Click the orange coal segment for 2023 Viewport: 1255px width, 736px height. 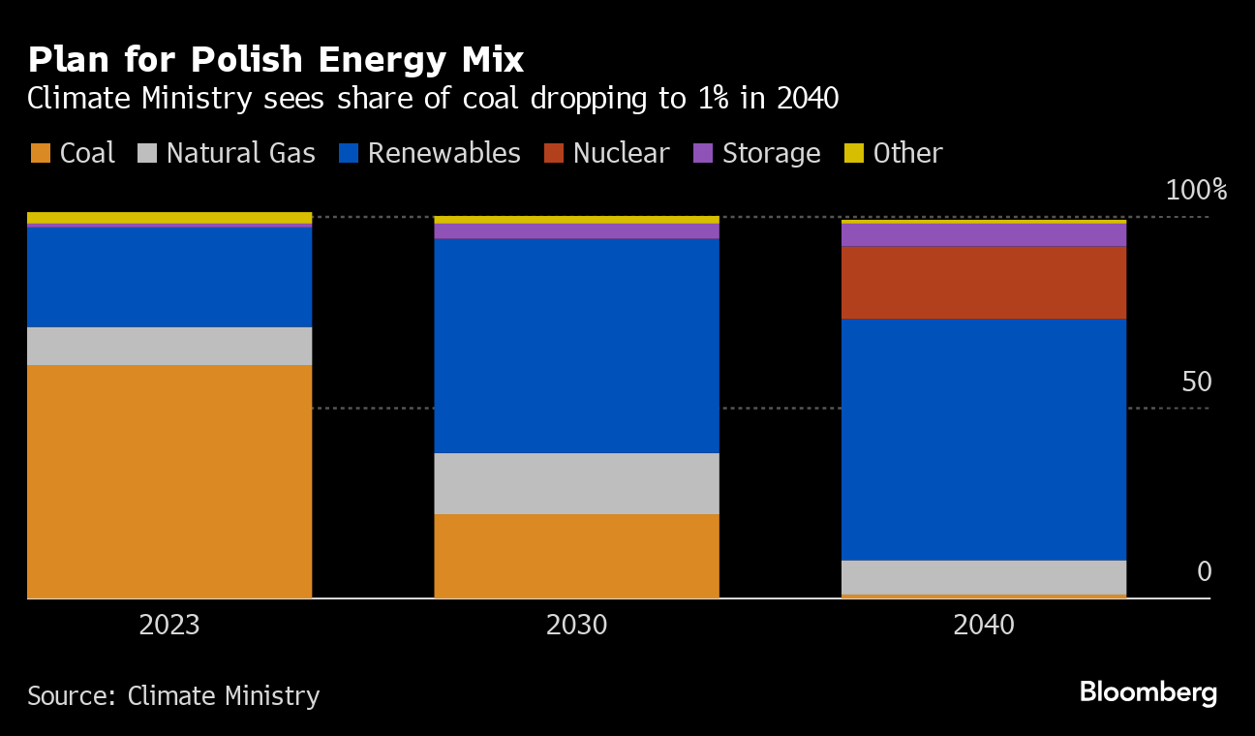[169, 481]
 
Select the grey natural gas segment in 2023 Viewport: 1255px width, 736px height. [169, 346]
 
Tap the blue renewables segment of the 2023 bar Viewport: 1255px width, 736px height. [169, 277]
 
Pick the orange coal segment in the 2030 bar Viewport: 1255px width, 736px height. [576, 556]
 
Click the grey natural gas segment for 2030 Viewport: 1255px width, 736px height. [576, 483]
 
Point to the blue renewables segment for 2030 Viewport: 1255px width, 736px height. [576, 346]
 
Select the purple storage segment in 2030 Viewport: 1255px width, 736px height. [576, 231]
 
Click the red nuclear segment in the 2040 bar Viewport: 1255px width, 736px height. [983, 283]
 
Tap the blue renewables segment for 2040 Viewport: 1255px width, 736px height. [983, 440]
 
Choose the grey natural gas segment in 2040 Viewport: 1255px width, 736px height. [983, 577]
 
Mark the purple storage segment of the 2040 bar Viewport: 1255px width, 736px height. [983, 235]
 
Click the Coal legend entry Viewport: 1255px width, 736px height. [74, 153]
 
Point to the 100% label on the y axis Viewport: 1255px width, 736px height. [1196, 190]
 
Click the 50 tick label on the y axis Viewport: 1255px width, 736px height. [1197, 382]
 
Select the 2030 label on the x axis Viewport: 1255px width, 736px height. [576, 625]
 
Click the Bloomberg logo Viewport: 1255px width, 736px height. [1148, 692]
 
